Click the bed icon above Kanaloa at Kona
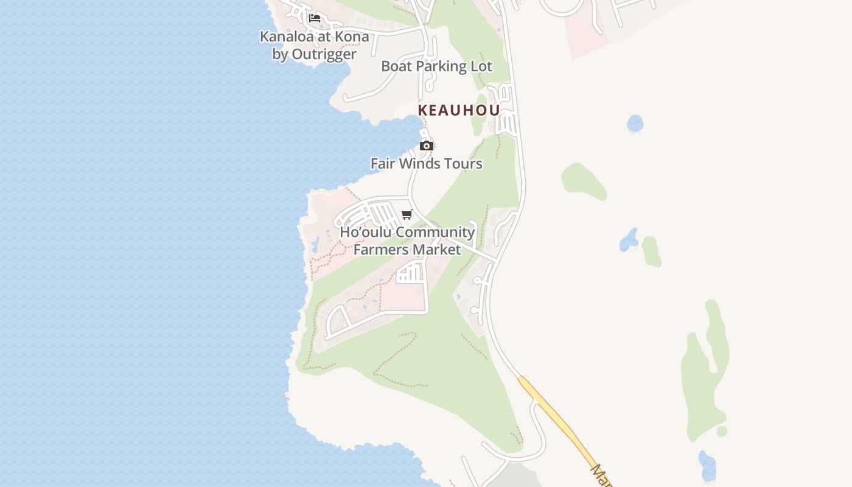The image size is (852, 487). click(315, 18)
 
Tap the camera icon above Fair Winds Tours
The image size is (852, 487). click(427, 145)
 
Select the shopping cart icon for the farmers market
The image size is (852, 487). click(407, 214)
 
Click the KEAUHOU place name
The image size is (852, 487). click(459, 110)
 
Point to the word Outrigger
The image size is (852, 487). click(324, 54)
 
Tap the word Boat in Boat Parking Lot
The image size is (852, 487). click(397, 66)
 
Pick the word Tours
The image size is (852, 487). click(464, 164)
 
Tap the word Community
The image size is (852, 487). click(434, 233)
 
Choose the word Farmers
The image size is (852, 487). click(379, 250)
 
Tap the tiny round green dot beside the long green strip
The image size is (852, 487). click(722, 431)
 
